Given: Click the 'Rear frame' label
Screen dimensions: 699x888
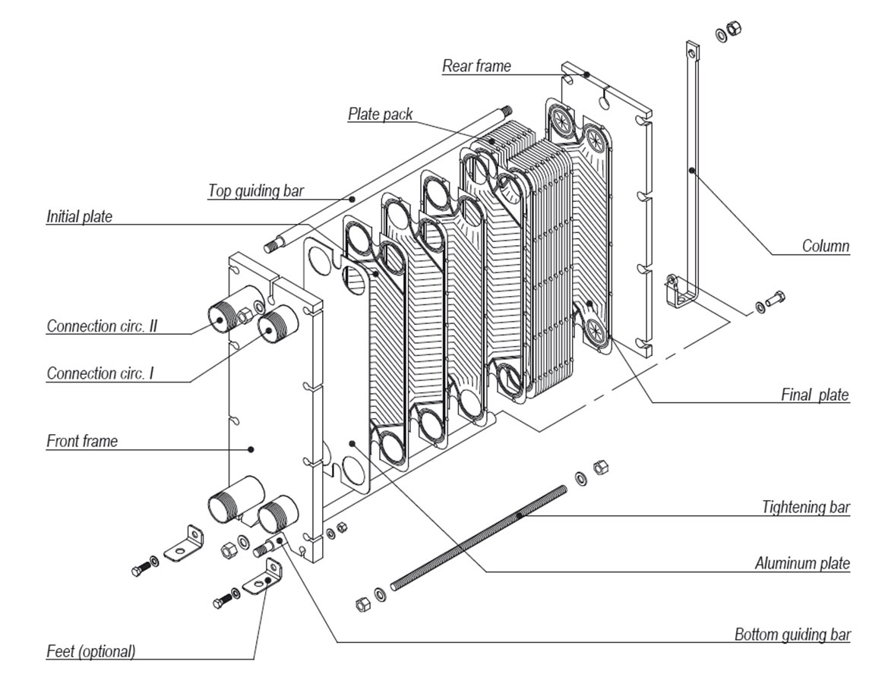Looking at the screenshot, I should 476,66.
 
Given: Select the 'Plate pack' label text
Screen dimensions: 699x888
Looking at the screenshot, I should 380,115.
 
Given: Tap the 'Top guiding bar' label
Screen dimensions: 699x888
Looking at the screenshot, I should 255,190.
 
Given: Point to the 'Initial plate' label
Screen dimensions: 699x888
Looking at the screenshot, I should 79,217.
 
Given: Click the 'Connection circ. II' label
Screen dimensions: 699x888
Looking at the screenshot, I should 106,326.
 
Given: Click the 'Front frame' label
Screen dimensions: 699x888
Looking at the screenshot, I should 82,441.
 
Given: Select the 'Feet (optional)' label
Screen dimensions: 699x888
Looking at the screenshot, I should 90,651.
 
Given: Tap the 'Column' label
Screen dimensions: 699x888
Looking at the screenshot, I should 825,246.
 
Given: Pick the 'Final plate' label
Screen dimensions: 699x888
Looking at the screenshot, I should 815,395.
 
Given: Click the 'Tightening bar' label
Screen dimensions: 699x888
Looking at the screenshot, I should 806,507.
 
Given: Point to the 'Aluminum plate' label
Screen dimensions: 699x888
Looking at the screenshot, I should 802,563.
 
